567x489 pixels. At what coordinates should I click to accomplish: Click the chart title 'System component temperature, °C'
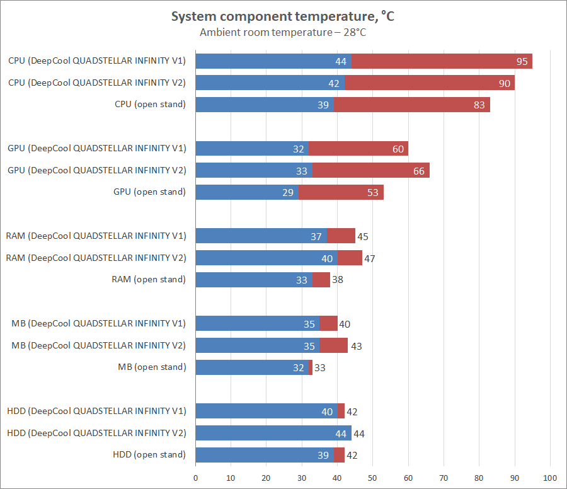(x=283, y=16)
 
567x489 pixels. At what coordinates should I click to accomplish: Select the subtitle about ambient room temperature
(x=283, y=32)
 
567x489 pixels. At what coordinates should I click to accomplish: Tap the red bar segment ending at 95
(x=441, y=61)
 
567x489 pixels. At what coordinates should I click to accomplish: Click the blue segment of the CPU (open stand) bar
(x=265, y=105)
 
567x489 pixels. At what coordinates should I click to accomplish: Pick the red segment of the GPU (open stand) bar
(x=340, y=192)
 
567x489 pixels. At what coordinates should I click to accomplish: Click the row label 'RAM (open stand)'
(x=149, y=280)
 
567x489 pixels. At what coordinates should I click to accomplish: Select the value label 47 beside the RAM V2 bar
(x=370, y=258)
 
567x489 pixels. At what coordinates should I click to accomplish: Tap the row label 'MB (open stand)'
(x=152, y=367)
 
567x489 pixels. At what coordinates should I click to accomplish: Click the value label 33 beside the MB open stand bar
(x=319, y=368)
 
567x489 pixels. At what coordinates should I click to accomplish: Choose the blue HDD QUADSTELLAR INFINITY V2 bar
(x=273, y=433)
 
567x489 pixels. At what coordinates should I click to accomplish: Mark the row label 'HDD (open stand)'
(x=149, y=455)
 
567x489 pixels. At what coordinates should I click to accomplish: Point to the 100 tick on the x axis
(x=550, y=477)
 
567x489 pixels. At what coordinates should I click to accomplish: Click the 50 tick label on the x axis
(x=373, y=477)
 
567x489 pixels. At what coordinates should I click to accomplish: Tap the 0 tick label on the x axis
(x=196, y=477)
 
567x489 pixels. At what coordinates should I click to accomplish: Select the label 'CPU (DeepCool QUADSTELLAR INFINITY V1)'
(x=97, y=61)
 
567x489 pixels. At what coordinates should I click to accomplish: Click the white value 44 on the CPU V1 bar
(x=341, y=62)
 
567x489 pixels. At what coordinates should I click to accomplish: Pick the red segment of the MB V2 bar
(x=334, y=345)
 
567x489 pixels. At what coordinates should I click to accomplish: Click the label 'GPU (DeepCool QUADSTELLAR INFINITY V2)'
(x=97, y=170)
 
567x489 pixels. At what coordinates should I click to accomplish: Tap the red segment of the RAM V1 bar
(x=341, y=236)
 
